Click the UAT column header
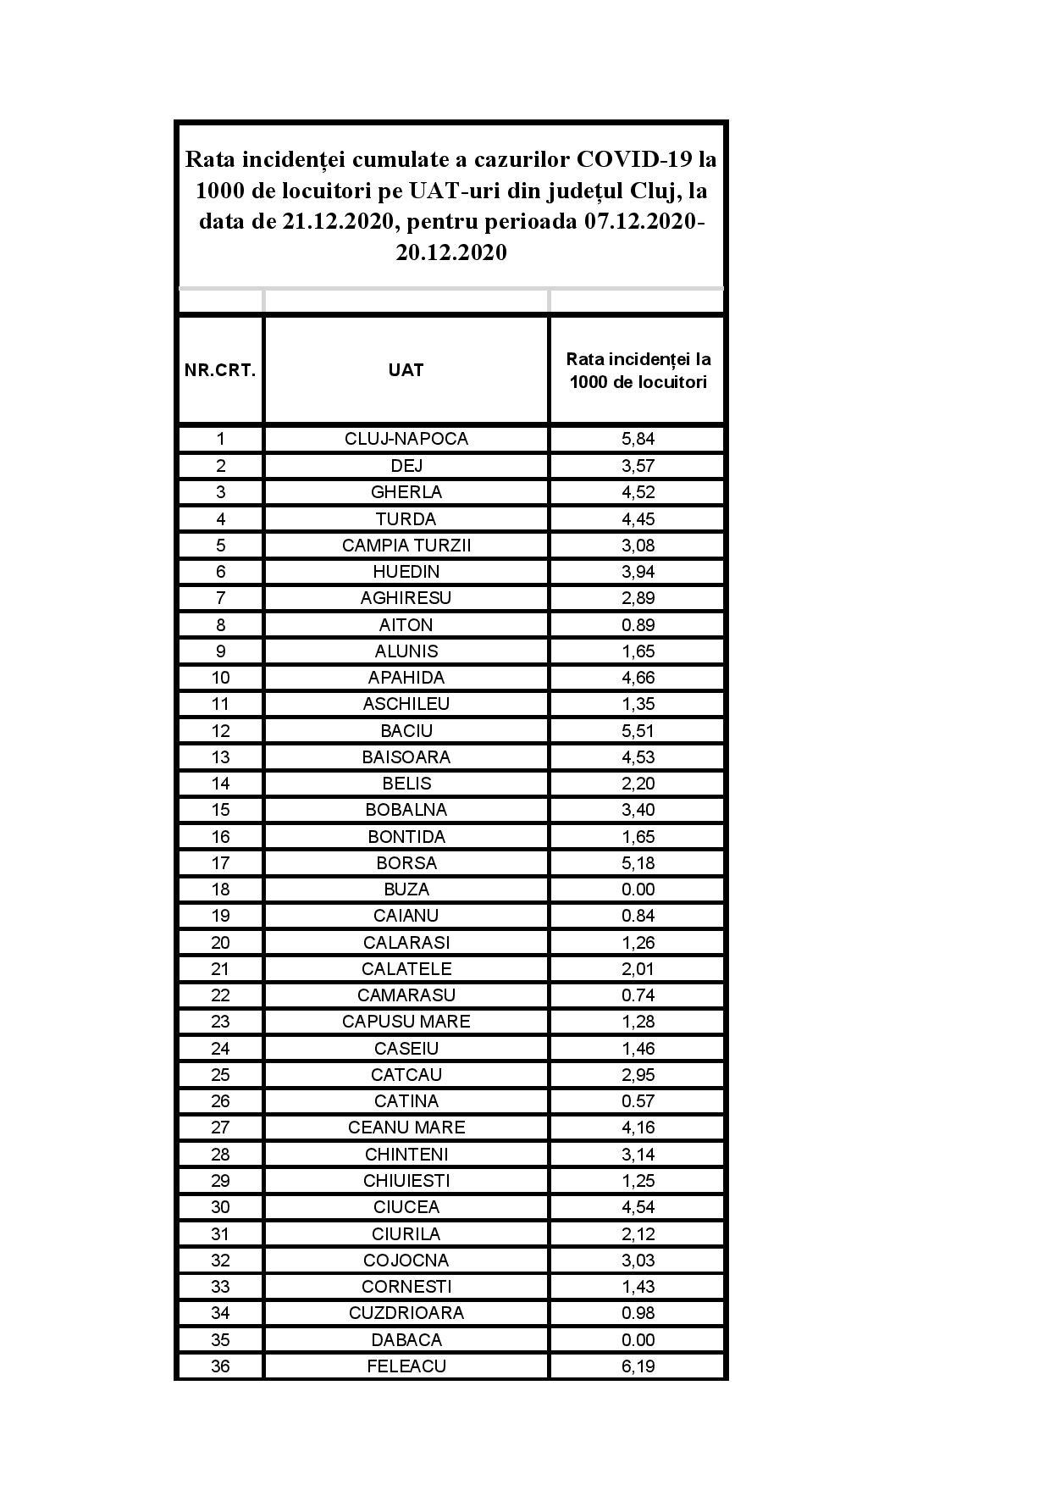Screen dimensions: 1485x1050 [x=406, y=370]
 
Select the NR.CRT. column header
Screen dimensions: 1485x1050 [x=220, y=370]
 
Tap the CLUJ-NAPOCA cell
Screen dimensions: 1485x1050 [x=406, y=439]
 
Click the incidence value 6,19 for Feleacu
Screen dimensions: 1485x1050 [x=638, y=1366]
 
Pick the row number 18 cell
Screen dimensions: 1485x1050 [x=220, y=889]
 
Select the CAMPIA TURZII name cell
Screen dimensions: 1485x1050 [x=406, y=545]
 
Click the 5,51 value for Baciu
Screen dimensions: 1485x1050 [x=638, y=730]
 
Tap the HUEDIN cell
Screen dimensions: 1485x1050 [x=406, y=571]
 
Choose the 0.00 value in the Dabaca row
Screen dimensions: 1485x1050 [x=638, y=1339]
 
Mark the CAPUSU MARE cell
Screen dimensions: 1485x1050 [x=406, y=1021]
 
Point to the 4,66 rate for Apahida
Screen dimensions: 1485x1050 [x=638, y=677]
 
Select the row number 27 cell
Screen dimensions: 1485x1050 [x=220, y=1127]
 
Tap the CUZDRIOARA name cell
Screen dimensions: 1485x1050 [x=406, y=1312]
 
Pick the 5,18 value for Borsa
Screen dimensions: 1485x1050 [x=638, y=862]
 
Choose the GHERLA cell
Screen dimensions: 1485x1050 [x=406, y=491]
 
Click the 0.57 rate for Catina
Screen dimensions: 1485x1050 [x=638, y=1100]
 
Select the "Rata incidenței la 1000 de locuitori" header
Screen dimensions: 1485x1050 [x=638, y=370]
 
